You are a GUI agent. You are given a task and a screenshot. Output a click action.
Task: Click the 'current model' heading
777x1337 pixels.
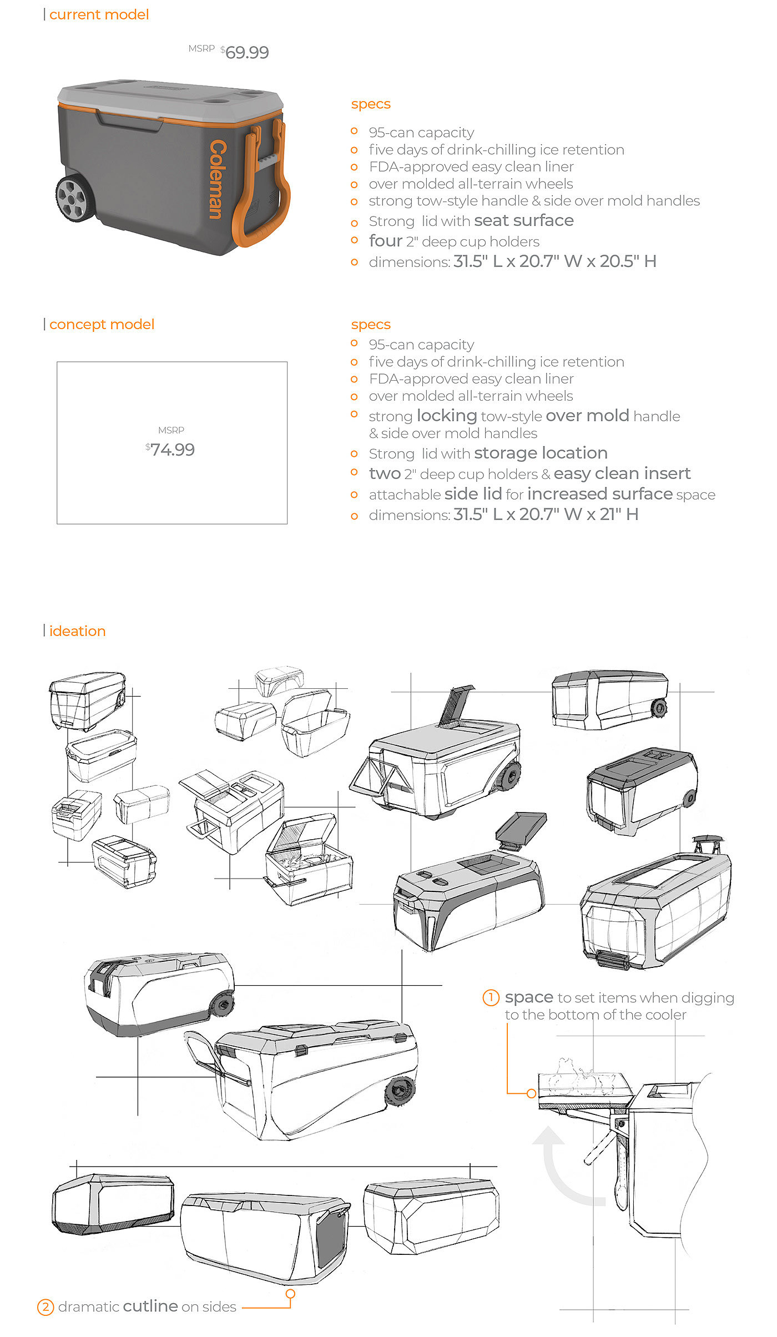99,14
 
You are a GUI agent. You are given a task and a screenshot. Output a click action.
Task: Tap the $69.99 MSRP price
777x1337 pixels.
246,52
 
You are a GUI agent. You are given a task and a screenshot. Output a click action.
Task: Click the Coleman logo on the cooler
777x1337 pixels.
218,179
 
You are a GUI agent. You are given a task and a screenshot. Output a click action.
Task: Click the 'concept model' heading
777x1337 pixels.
102,324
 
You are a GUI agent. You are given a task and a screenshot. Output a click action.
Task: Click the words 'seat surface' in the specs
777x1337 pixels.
523,221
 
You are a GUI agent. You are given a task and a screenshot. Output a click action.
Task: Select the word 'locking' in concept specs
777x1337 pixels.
447,416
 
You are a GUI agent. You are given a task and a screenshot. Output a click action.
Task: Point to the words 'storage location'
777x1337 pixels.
541,453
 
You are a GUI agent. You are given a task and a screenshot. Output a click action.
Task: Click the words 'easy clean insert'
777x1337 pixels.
622,473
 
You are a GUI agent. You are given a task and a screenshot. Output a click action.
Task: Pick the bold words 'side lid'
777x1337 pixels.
473,494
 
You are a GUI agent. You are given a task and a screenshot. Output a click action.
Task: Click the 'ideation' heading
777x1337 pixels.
77,631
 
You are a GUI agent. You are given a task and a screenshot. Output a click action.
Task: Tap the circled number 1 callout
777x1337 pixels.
491,997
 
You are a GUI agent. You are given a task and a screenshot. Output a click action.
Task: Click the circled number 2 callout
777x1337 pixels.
46,1307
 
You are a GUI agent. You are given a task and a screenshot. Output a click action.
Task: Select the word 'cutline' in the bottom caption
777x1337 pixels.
150,1306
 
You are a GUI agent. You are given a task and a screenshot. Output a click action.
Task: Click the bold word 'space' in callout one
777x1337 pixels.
529,997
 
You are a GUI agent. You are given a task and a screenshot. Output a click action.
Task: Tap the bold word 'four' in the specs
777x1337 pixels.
386,241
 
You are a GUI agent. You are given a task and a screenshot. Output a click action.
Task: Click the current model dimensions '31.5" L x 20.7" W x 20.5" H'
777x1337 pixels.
554,261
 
